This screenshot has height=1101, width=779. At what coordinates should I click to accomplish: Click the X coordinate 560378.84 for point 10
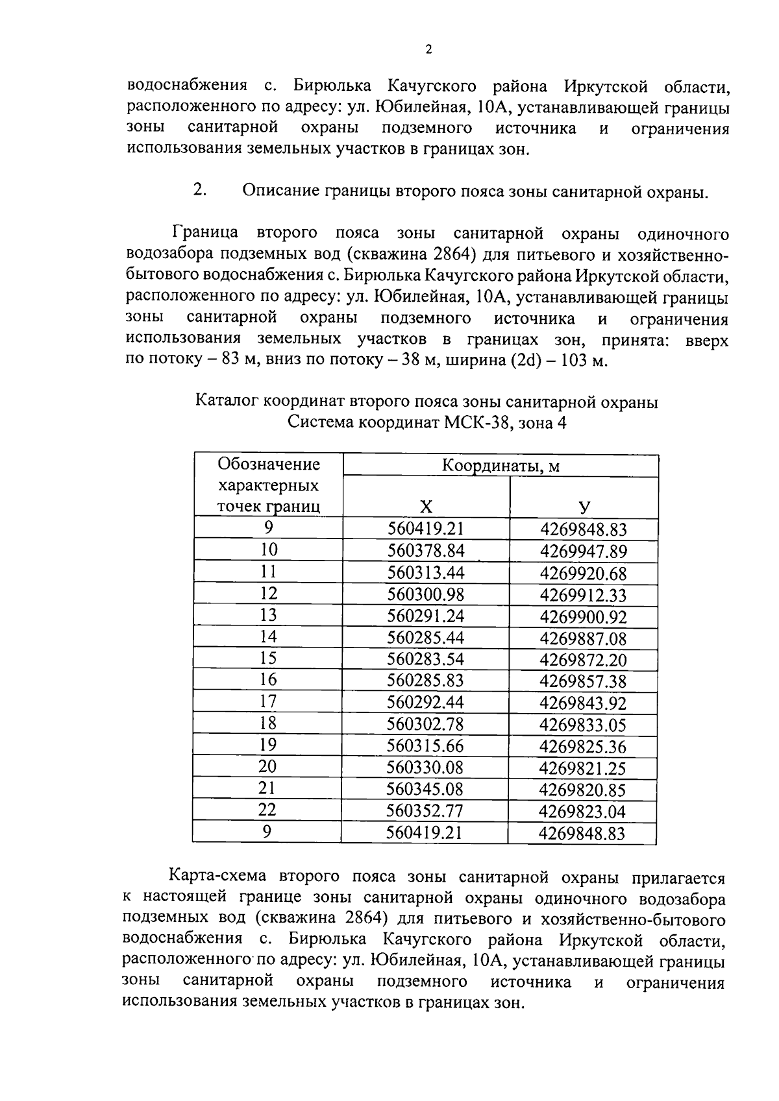tap(426, 551)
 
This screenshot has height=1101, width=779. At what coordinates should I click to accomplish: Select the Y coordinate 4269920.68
tap(584, 574)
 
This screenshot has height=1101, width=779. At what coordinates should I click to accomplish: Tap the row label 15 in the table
tap(268, 659)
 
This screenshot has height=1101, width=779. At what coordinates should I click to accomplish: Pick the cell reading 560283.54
tap(426, 659)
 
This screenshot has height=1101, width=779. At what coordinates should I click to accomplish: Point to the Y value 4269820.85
tap(582, 790)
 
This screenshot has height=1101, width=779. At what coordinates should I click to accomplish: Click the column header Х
tap(426, 507)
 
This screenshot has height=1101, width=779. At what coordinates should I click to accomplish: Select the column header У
tap(584, 507)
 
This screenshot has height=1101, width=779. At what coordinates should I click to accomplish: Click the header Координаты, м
tap(501, 466)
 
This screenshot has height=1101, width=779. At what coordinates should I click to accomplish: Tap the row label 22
tap(267, 810)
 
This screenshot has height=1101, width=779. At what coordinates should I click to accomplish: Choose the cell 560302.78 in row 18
tap(426, 724)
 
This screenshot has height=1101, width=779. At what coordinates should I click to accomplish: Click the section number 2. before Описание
tap(200, 190)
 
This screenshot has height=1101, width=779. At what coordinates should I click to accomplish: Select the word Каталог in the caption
tap(228, 402)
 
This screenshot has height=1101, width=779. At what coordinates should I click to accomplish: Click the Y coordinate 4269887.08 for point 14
tap(583, 639)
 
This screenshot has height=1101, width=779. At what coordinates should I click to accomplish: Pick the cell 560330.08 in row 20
tap(425, 768)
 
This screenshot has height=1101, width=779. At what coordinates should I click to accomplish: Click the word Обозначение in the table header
tap(268, 465)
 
